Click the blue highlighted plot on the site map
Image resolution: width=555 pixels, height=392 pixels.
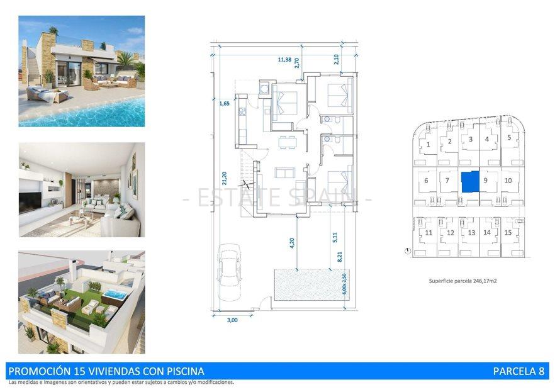(x=469, y=182)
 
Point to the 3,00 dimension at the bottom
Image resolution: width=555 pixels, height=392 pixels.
(x=232, y=320)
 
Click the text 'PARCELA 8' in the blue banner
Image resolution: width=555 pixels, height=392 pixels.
(x=518, y=371)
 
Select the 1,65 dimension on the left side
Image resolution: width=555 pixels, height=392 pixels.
(x=224, y=104)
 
